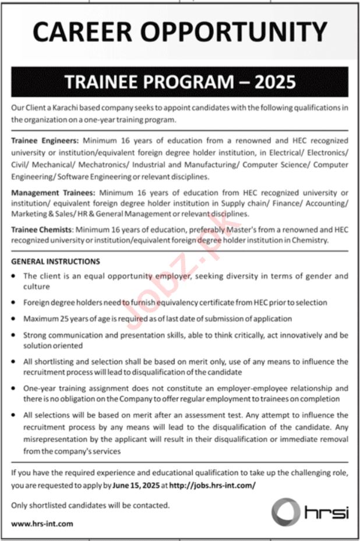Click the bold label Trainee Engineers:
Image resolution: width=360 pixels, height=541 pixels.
click(45, 140)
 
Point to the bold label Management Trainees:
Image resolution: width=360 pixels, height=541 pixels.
click(52, 192)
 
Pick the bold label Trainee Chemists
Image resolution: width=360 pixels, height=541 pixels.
click(42, 230)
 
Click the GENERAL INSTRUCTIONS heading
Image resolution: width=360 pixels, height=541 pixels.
click(55, 261)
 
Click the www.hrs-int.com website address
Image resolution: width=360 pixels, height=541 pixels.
click(42, 523)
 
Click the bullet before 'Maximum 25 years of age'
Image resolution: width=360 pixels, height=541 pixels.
click(14, 319)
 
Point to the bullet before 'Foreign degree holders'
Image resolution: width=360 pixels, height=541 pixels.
click(14, 303)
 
